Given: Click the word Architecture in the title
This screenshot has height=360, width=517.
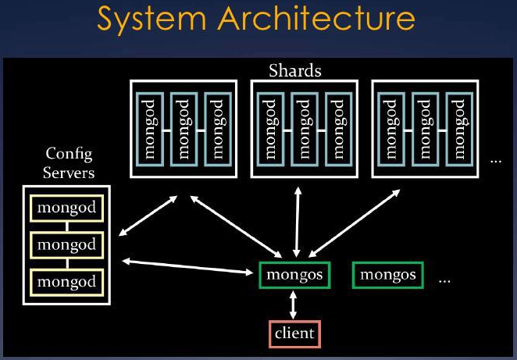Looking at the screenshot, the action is pyautogui.click(x=316, y=18).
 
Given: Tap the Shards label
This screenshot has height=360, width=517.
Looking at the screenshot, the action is pyautogui.click(x=294, y=70).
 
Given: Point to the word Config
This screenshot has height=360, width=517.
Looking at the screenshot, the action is pyautogui.click(x=69, y=154).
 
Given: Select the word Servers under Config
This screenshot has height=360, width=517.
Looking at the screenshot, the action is pyautogui.click(x=69, y=173).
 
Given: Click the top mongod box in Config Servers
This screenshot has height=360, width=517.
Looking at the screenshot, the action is pyautogui.click(x=67, y=208).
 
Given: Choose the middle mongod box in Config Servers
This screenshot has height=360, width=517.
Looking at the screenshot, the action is pyautogui.click(x=67, y=245).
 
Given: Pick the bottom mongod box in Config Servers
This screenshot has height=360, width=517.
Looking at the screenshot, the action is pyautogui.click(x=67, y=282).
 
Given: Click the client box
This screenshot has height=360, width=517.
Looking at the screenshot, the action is pyautogui.click(x=294, y=333).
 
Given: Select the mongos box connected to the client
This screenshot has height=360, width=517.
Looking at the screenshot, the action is pyautogui.click(x=294, y=275).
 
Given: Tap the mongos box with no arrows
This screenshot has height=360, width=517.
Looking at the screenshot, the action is pyautogui.click(x=387, y=275).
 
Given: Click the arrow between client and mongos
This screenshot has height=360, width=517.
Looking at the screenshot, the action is pyautogui.click(x=293, y=305).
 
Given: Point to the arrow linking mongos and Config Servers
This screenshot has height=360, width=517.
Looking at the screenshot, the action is pyautogui.click(x=187, y=267).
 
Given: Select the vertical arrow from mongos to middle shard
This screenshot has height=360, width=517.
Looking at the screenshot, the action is pyautogui.click(x=298, y=223).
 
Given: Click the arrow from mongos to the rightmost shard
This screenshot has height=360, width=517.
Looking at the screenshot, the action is pyautogui.click(x=355, y=223).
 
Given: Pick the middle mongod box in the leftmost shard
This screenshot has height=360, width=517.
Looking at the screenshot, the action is pyautogui.click(x=184, y=130).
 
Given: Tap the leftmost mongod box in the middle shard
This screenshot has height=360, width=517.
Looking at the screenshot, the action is pyautogui.click(x=270, y=130).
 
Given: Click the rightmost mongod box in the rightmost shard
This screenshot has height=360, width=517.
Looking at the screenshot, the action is pyautogui.click(x=459, y=130).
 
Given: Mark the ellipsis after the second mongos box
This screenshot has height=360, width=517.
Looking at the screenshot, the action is pyautogui.click(x=444, y=281).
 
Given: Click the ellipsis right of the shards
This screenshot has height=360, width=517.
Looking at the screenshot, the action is pyautogui.click(x=496, y=161).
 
